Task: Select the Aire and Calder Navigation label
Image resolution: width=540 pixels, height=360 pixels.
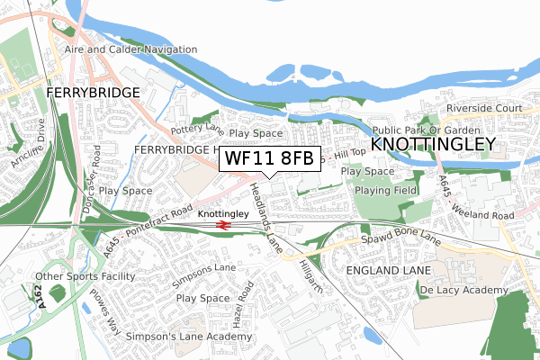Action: pyautogui.click(x=129, y=49)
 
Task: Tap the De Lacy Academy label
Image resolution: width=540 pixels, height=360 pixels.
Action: pyautogui.click(x=463, y=291)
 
